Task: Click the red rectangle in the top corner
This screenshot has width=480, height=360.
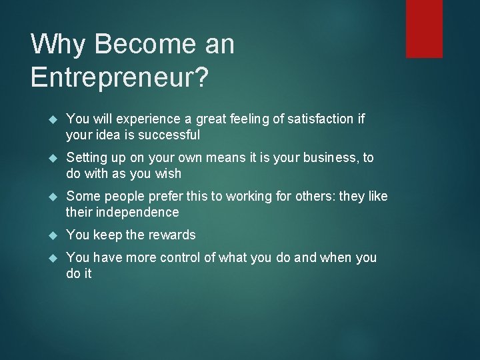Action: [424, 28]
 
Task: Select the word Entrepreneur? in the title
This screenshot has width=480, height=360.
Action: [119, 77]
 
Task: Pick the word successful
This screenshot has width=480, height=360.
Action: [169, 135]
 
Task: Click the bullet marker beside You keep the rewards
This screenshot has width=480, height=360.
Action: [55, 235]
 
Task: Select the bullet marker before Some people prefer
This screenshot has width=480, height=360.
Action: [55, 197]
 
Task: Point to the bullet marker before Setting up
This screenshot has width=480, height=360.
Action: [55, 158]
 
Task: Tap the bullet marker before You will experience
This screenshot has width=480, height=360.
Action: [55, 119]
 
